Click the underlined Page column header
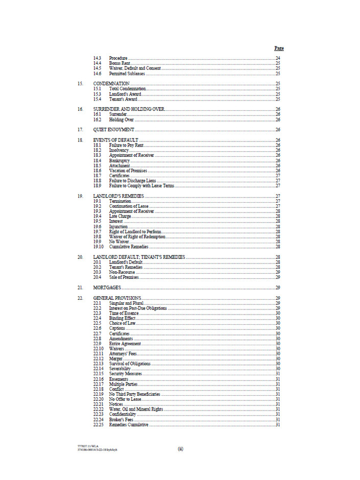pyautogui.click(x=279, y=48)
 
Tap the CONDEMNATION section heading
pyautogui.click(x=111, y=83)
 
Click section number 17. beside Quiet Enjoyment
pyautogui.click(x=80, y=130)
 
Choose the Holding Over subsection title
pyautogui.click(x=121, y=119)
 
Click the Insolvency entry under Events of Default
pyautogui.click(x=119, y=150)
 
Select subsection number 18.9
pyautogui.click(x=97, y=186)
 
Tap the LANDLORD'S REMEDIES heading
pyautogui.click(x=118, y=196)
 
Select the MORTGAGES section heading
pyautogui.click(x=108, y=287)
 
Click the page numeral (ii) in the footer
pyautogui.click(x=180, y=449)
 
